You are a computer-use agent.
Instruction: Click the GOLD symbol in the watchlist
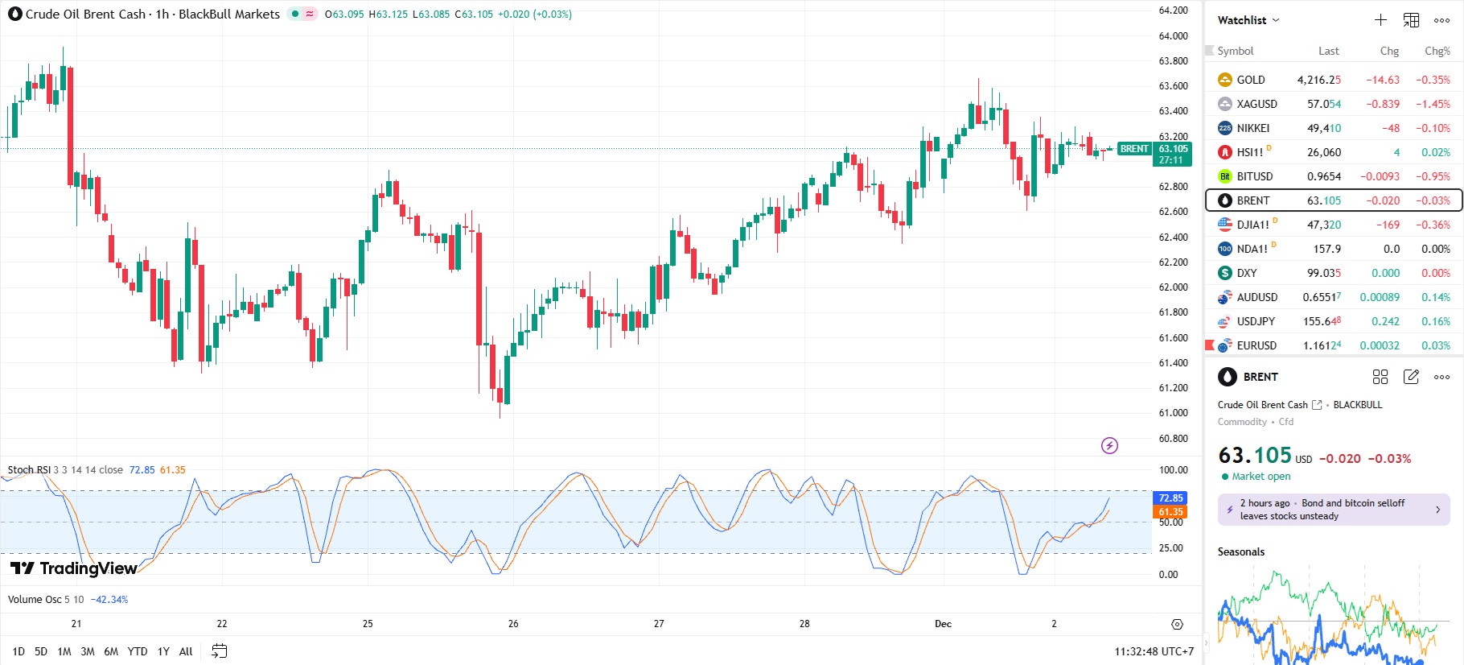click(x=1250, y=80)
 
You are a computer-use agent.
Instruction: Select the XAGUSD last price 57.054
click(x=1323, y=104)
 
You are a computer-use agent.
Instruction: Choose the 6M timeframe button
click(x=111, y=651)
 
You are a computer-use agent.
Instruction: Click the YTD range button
click(x=138, y=651)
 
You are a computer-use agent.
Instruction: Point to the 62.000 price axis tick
click(x=1173, y=287)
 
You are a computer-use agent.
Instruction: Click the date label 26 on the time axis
click(x=513, y=624)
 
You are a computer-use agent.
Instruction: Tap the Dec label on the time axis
click(x=943, y=624)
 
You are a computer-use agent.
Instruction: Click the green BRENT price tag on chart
click(x=1134, y=149)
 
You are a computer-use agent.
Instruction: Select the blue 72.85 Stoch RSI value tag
click(x=1170, y=498)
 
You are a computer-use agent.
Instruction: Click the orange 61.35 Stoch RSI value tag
click(x=1170, y=512)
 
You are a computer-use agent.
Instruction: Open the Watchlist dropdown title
click(x=1248, y=20)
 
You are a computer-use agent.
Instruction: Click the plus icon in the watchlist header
click(x=1380, y=20)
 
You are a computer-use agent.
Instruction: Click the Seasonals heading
click(x=1240, y=551)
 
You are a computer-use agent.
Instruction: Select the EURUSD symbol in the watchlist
click(x=1256, y=345)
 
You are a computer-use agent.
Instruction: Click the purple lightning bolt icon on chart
click(x=1109, y=445)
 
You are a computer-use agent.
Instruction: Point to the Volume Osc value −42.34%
click(x=109, y=600)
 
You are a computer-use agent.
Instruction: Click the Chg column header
click(x=1389, y=51)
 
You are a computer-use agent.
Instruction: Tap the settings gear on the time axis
click(x=1177, y=624)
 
